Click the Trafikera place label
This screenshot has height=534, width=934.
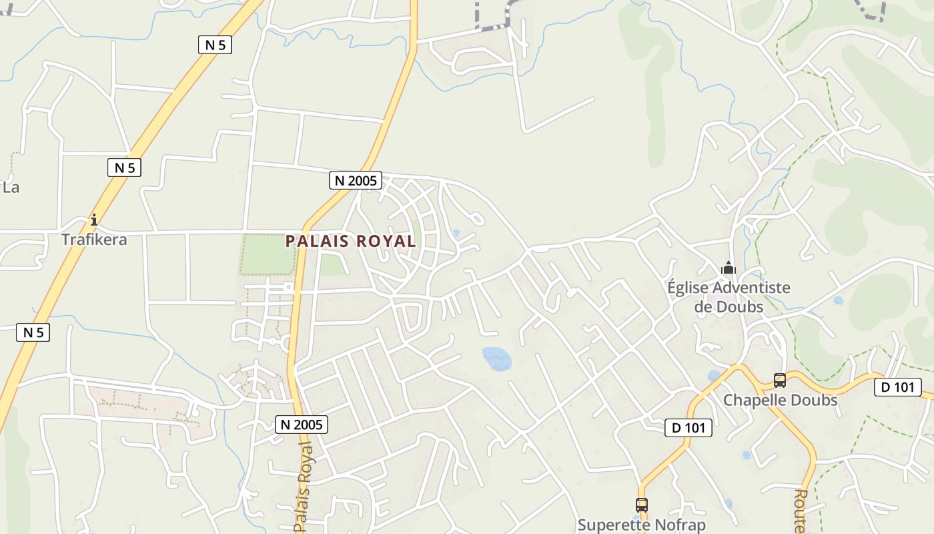94,239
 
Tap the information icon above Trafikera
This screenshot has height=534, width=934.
94,219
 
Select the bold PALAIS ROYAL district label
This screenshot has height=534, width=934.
351,241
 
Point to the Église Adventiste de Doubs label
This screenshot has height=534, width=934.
729,297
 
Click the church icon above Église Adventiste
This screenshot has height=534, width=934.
728,268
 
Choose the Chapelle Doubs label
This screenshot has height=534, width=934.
780,400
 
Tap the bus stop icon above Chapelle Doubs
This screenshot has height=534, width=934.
780,380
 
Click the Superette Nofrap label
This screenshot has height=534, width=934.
641,525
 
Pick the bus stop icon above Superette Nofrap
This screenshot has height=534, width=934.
642,505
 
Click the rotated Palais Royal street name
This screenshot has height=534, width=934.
304,486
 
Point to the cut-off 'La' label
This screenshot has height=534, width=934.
11,187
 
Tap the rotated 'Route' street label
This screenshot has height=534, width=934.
801,511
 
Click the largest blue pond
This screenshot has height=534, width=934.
497,358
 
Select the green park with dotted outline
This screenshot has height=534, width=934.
267,254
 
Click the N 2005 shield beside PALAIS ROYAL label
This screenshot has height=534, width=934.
356,180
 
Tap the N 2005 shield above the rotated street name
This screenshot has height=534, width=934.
302,424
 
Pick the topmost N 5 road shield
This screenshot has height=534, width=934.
215,45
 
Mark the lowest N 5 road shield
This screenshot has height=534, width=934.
33,332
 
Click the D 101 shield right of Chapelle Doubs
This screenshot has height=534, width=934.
897,386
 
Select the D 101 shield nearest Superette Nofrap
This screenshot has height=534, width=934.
688,428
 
